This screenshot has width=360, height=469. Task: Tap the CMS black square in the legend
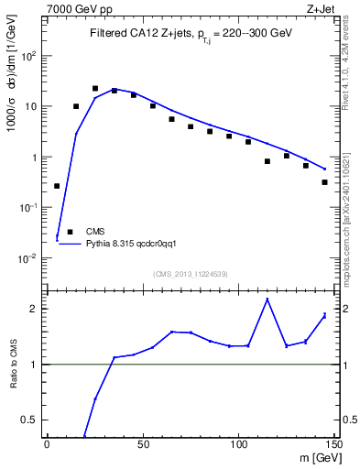click(70, 233)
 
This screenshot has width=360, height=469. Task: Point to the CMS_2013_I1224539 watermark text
click(191, 273)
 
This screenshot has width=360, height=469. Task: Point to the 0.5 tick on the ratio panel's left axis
click(33, 420)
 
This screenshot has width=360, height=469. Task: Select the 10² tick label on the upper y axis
click(30, 55)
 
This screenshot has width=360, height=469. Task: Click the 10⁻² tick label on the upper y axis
click(30, 258)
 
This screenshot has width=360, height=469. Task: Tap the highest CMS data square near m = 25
click(95, 89)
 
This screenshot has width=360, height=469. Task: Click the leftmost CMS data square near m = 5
click(57, 186)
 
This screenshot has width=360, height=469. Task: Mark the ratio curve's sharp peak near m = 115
click(267, 300)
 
